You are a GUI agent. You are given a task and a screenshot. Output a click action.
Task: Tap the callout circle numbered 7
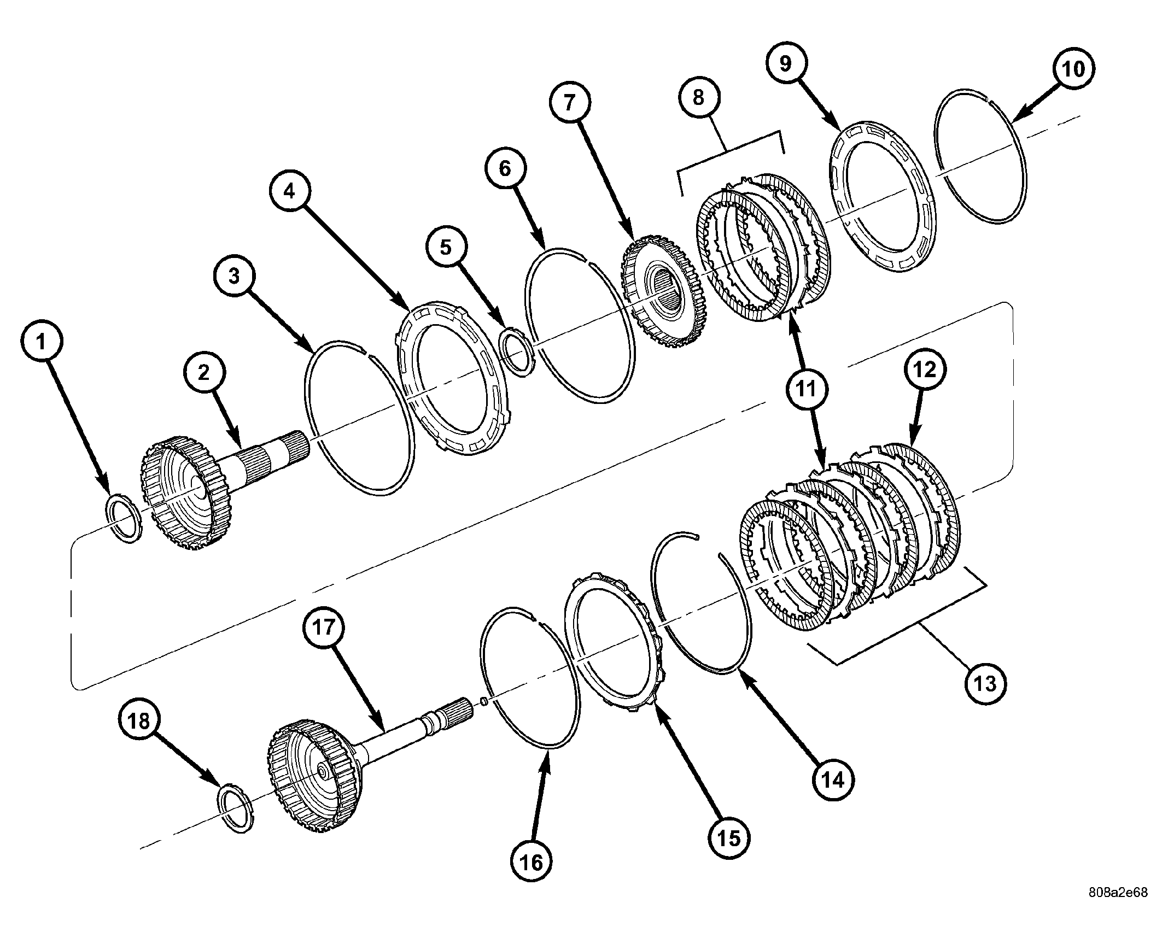point(570,102)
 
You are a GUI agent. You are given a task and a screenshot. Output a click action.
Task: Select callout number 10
point(1072,69)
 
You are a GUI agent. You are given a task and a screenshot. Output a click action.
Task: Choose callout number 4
point(289,191)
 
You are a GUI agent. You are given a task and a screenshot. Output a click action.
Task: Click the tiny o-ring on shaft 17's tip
point(483,701)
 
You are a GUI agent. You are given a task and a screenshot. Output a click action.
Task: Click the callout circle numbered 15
point(729,837)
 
